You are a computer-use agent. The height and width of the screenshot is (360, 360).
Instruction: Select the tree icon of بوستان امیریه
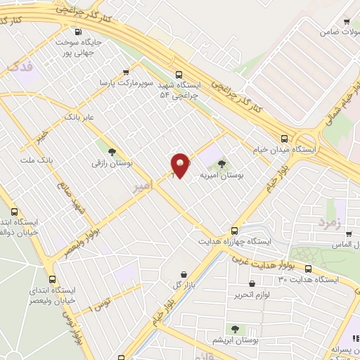pos(222,165)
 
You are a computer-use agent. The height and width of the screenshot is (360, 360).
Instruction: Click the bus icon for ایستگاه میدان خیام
pos(284,139)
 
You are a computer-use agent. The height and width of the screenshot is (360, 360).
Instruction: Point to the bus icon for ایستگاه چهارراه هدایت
pos(234,230)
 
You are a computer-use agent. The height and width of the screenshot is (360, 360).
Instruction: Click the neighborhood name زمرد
pos(328,222)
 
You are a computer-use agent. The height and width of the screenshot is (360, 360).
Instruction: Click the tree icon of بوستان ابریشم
pos(234,329)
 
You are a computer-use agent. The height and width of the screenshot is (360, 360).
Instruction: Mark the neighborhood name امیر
pos(141,186)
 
